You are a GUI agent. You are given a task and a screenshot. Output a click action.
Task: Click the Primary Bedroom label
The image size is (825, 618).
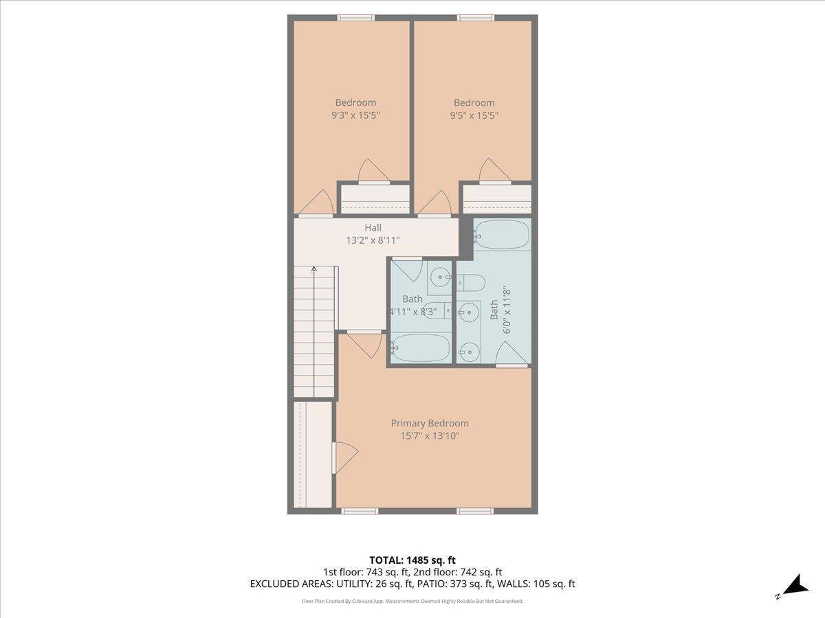430,423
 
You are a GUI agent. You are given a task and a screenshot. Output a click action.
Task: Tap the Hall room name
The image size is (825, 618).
373,227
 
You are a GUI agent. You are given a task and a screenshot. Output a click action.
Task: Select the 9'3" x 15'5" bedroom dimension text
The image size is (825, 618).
355,115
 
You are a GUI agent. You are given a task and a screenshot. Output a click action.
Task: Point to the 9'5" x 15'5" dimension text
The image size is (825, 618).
474,115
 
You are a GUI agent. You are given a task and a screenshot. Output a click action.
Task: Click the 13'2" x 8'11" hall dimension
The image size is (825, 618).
373,240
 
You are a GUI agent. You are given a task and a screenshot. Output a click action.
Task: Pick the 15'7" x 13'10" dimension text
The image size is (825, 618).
430,435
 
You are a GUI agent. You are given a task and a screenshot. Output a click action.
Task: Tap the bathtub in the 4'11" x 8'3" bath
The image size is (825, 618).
421,347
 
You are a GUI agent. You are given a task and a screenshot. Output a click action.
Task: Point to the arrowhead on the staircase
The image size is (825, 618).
314,269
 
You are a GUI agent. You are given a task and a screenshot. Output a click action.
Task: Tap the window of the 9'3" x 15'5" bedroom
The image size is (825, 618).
355,18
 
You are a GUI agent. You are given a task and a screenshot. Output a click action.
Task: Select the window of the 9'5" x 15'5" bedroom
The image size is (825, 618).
476,18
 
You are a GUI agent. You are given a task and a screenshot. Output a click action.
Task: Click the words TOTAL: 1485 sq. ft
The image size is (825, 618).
412,560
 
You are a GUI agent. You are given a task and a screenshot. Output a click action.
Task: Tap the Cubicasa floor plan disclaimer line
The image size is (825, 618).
412,601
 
